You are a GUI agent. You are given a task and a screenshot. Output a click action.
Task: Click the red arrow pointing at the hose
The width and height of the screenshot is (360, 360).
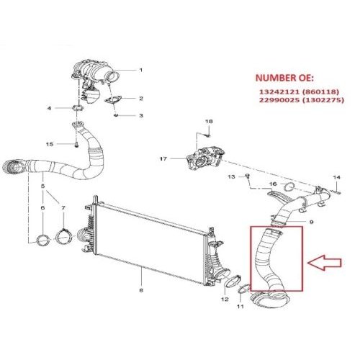coord(324,263)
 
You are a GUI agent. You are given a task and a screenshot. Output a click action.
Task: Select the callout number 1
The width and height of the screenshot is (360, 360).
coord(141,70)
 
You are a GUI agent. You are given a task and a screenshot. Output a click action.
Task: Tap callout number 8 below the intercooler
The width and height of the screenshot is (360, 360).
coord(141,290)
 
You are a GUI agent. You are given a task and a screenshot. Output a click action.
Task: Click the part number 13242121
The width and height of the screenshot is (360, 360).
coord(279,91)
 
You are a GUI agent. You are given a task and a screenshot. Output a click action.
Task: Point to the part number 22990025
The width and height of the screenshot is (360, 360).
coord(279,100)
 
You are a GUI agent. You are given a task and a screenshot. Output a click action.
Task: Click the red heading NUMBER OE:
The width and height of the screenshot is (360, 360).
coord(284,78)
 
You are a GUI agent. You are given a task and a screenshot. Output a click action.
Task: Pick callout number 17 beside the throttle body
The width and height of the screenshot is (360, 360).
coord(163,158)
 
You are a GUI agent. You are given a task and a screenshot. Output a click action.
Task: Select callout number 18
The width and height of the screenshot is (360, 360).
coord(209,122)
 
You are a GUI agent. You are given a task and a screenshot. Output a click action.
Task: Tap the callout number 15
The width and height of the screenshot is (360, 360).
coord(50,144)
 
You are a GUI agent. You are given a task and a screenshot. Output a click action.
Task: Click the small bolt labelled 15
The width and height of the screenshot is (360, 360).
coord(76,145)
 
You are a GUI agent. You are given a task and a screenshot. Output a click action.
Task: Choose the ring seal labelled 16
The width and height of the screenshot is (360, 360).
coord(289,187)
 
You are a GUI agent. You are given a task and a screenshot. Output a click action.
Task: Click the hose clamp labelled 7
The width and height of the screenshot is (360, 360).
coord(63,238)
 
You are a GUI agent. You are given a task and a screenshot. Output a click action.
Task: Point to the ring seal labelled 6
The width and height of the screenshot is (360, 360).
coord(43,240)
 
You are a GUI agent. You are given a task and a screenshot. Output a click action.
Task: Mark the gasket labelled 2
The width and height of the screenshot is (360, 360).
coord(113,100)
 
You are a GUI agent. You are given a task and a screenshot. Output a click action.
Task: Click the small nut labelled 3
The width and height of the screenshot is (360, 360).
coord(116,115)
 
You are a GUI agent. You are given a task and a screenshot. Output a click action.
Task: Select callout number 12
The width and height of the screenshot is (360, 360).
coord(225,300)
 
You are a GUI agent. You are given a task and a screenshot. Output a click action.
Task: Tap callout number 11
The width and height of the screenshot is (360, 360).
coord(240,307)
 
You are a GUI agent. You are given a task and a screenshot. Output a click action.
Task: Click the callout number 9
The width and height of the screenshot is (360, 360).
coord(311,222)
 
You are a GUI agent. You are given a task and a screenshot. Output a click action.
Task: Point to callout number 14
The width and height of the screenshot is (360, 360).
coord(336,177)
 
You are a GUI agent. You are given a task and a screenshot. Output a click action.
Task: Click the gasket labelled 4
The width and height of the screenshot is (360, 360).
coord(77,108)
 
